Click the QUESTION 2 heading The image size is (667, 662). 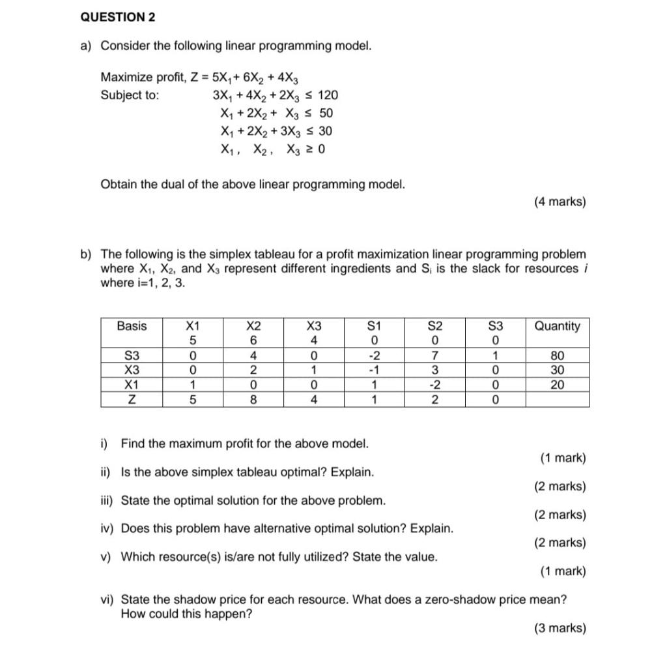(x=118, y=18)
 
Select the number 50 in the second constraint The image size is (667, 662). (x=326, y=113)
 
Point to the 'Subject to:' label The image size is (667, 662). (x=130, y=95)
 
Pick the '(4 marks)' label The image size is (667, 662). (x=560, y=202)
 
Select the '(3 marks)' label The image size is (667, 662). (x=560, y=628)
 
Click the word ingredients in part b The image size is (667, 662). (x=364, y=269)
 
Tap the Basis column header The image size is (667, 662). (x=132, y=326)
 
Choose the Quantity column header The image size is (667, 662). (x=557, y=326)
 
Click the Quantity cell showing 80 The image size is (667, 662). (x=557, y=356)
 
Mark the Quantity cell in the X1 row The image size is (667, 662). (x=557, y=385)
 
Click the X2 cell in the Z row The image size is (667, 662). (x=253, y=400)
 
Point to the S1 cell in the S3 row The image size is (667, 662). (x=374, y=356)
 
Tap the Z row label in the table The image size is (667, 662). (x=132, y=400)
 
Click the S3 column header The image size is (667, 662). (x=496, y=326)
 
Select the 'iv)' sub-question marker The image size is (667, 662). (x=107, y=528)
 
